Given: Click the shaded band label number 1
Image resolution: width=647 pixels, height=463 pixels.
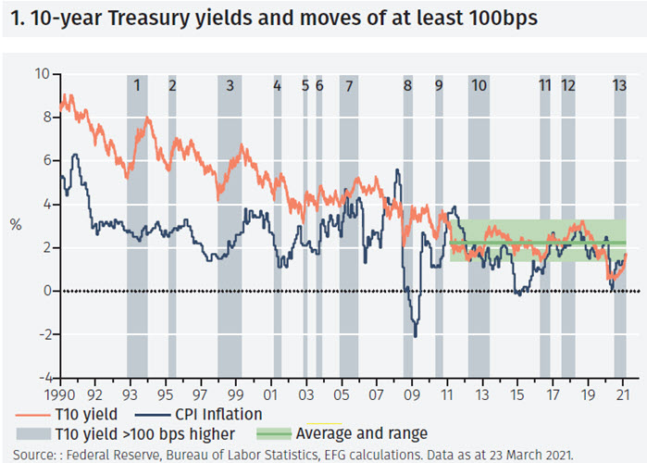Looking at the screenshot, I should pos(137,85).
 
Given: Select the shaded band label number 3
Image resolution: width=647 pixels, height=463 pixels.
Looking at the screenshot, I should pos(230,85).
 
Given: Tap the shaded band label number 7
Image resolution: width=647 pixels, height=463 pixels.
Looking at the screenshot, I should pos(348,85).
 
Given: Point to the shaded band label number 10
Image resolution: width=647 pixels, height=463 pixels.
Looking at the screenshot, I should pos(478,85).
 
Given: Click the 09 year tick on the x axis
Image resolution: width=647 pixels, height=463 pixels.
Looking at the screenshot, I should pos(413,392).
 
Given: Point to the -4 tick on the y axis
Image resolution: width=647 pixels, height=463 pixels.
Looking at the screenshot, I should pos(41,378).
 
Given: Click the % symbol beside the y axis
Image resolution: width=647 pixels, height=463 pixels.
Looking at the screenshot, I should pos(16,224).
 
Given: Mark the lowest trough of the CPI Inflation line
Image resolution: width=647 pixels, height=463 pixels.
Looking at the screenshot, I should pos(415,335).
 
